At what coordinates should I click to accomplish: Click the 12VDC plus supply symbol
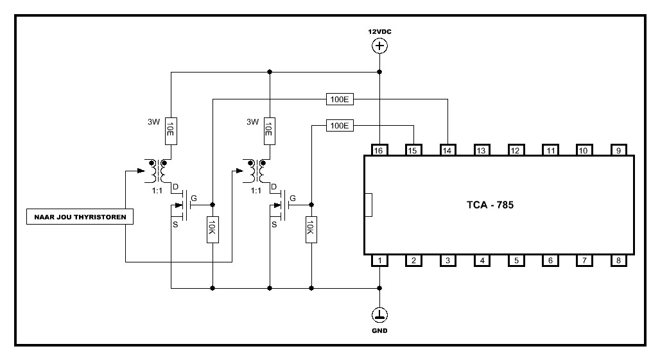(379, 46)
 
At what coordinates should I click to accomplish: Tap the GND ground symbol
(379, 314)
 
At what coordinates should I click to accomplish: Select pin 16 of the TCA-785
(379, 150)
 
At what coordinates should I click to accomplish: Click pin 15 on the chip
(413, 150)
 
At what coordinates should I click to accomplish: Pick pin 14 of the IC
(447, 150)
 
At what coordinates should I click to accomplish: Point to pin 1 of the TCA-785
(379, 261)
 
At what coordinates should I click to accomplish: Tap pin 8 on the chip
(618, 261)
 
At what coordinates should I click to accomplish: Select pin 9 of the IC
(618, 150)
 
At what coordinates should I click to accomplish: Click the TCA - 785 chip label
(490, 206)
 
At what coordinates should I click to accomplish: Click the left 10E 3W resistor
(171, 130)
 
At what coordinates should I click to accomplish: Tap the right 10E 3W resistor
(270, 130)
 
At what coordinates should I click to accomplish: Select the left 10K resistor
(212, 229)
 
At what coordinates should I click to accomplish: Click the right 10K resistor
(311, 229)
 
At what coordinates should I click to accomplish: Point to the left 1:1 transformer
(157, 171)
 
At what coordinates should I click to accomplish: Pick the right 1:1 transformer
(256, 171)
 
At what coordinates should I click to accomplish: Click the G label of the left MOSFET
(195, 198)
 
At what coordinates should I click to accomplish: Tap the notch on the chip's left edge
(368, 205)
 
